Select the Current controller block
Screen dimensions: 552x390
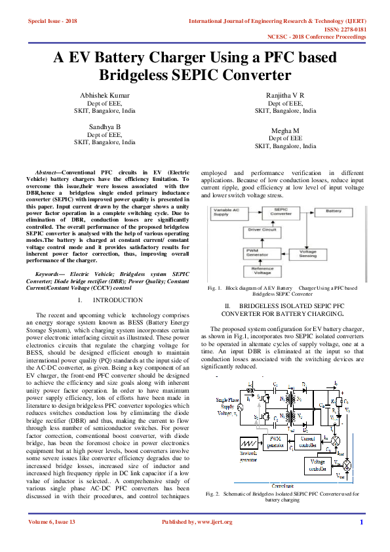[303, 439]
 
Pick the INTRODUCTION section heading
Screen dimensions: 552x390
[119, 300]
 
